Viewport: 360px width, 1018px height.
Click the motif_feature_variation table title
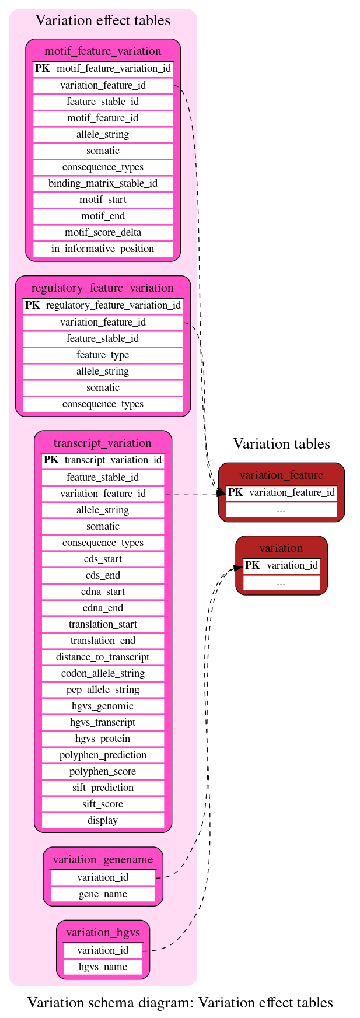click(x=103, y=51)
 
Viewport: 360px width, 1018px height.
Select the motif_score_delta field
click(x=103, y=232)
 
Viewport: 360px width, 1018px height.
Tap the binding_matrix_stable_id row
click(x=103, y=183)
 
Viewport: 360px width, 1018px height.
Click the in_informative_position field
click(x=103, y=249)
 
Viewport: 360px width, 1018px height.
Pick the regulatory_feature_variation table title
click(x=103, y=288)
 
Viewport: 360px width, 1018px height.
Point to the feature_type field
click(x=103, y=355)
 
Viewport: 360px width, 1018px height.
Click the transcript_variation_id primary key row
click(x=103, y=460)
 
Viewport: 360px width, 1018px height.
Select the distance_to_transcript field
click(x=103, y=657)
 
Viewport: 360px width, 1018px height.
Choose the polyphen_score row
click(x=103, y=771)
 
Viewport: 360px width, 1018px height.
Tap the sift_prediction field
click(x=103, y=788)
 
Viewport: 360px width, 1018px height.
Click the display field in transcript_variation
click(x=103, y=820)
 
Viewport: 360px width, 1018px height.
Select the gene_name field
click(x=103, y=894)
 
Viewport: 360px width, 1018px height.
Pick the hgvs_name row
click(x=103, y=967)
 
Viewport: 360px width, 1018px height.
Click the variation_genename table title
click(x=103, y=859)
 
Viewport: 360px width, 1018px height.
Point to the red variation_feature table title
click(x=281, y=475)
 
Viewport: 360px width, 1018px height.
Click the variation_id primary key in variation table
click(x=281, y=565)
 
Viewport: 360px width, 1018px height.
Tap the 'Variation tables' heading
click(x=281, y=444)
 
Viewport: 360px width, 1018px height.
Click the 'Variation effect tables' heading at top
click(x=103, y=20)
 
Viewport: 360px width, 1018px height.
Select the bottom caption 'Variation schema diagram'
click(x=180, y=1003)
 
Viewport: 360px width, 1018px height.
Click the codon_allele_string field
click(x=103, y=673)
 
